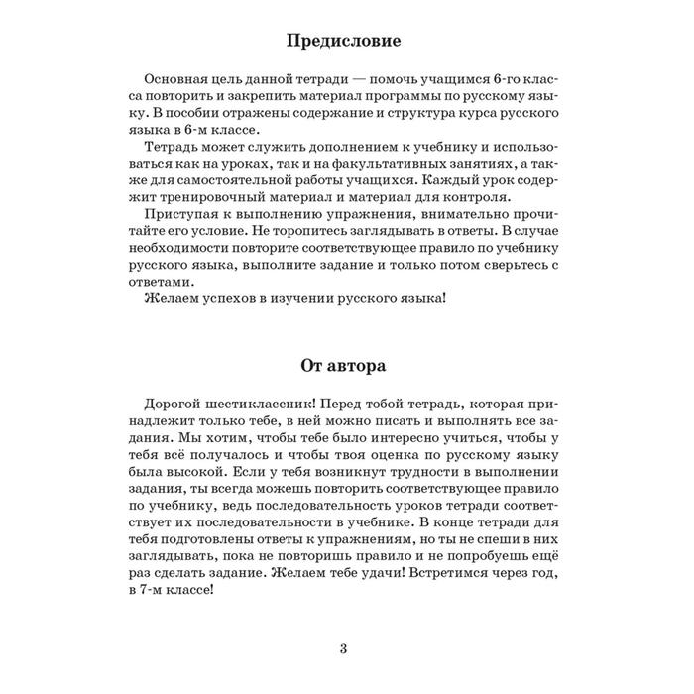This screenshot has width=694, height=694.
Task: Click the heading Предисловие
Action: tap(343, 43)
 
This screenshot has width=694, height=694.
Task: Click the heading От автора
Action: tap(343, 365)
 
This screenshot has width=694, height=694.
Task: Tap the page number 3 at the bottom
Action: tap(343, 650)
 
